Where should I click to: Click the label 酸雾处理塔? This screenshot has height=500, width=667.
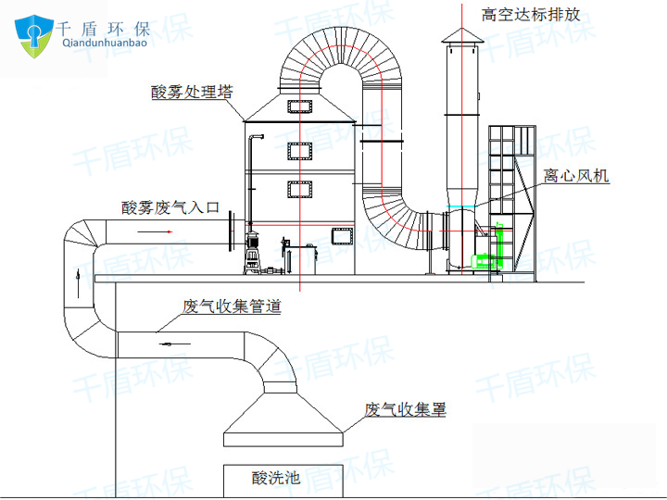pos(192,92)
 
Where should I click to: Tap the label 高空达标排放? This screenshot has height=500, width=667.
pos(531,15)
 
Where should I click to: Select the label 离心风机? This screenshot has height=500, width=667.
pos(576,176)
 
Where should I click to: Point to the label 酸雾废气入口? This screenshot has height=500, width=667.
pos(170,207)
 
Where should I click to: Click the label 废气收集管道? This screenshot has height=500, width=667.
pos(232,306)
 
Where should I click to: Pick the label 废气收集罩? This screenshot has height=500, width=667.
pos(405,409)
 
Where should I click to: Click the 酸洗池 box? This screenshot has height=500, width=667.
pos(283,481)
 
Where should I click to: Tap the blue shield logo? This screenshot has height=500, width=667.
pos(34,36)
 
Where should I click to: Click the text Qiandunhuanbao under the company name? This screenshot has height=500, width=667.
pos(105,43)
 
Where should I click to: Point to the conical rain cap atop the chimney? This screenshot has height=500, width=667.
pos(462,36)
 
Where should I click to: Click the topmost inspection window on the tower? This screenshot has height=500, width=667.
pos(300,106)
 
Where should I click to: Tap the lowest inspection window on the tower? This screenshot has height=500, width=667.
pos(343,236)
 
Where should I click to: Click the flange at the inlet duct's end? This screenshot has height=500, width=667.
pos(232,231)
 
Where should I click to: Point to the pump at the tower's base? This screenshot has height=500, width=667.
pos(253,253)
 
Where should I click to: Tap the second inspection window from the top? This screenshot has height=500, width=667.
pos(300,151)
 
